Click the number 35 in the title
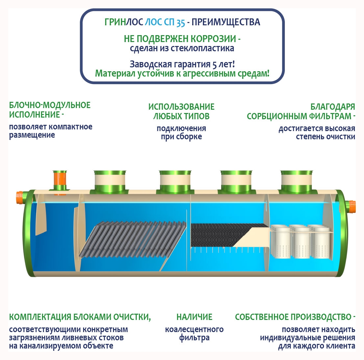(181, 23)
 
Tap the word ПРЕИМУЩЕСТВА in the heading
(226, 22)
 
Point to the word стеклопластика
(202, 48)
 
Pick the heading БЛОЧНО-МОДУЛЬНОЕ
(50, 105)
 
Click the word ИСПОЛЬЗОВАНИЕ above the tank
(181, 107)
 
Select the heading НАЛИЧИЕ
(194, 317)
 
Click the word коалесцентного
(194, 329)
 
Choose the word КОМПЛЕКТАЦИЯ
(40, 317)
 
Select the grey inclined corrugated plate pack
(132, 239)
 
